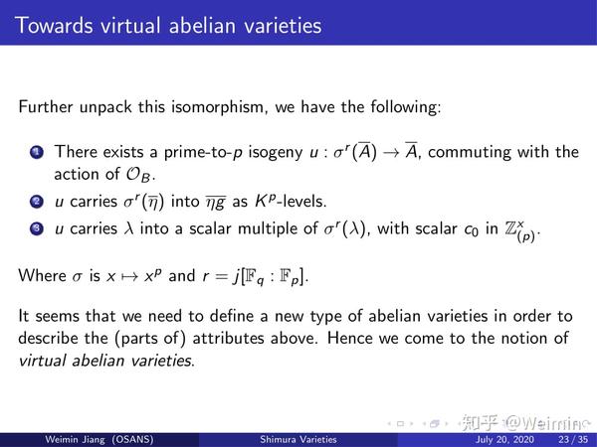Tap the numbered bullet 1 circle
pyautogui.click(x=37, y=153)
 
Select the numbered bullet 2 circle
pyautogui.click(x=37, y=203)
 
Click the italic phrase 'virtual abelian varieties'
pyautogui.click(x=107, y=360)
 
